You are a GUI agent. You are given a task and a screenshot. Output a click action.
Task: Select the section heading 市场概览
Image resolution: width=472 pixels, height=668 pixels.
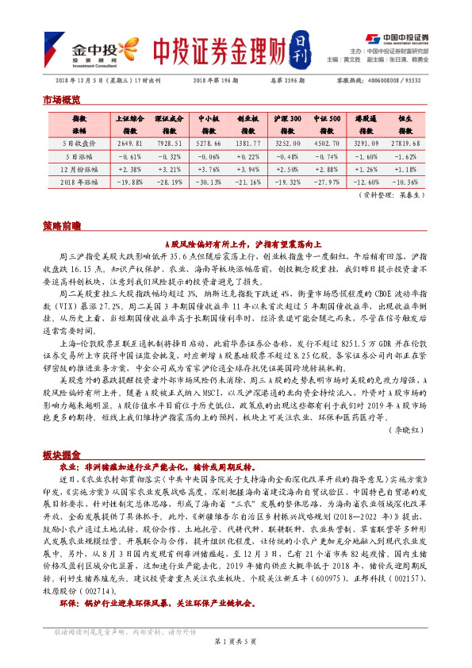(x=61, y=100)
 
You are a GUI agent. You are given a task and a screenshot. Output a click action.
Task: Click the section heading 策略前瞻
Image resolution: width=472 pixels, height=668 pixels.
(x=61, y=225)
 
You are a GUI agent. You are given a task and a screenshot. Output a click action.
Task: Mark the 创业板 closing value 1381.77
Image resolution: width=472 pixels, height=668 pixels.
(x=249, y=144)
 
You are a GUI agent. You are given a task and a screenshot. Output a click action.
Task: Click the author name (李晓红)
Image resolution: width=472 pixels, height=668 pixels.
(x=409, y=431)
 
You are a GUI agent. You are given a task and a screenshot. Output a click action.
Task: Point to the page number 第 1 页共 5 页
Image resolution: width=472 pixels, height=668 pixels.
(x=236, y=640)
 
